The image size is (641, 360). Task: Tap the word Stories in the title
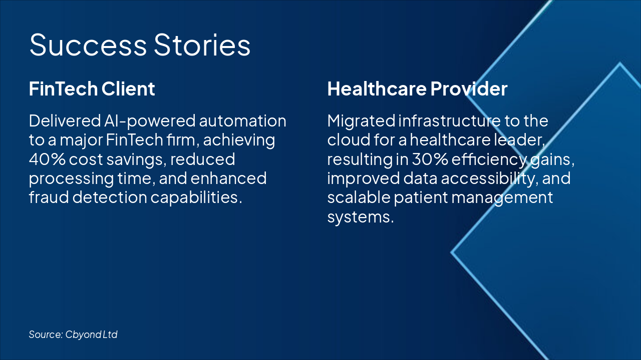(x=202, y=45)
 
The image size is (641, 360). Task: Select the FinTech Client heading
(x=92, y=89)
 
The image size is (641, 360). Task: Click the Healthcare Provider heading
(x=417, y=89)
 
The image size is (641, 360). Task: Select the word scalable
(x=358, y=197)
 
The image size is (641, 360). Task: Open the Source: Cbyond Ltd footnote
(x=73, y=334)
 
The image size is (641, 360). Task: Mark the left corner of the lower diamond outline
(x=452, y=252)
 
